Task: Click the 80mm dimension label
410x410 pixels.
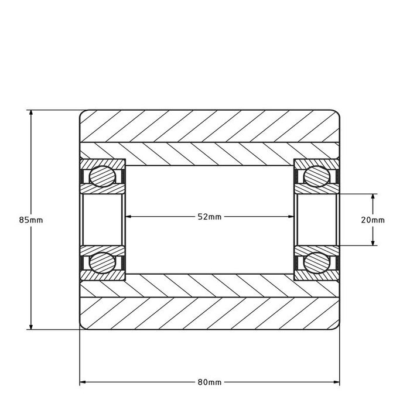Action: pyautogui.click(x=210, y=382)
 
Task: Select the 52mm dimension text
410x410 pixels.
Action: pyautogui.click(x=210, y=217)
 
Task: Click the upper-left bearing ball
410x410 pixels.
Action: pyautogui.click(x=102, y=176)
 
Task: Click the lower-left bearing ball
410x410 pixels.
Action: pyautogui.click(x=102, y=262)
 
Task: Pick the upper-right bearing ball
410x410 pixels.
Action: pyautogui.click(x=316, y=176)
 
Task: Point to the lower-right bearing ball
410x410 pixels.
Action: pyautogui.click(x=316, y=262)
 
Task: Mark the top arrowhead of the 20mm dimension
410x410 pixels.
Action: pyautogui.click(x=373, y=196)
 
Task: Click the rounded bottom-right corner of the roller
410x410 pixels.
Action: pyautogui.click(x=337, y=327)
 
